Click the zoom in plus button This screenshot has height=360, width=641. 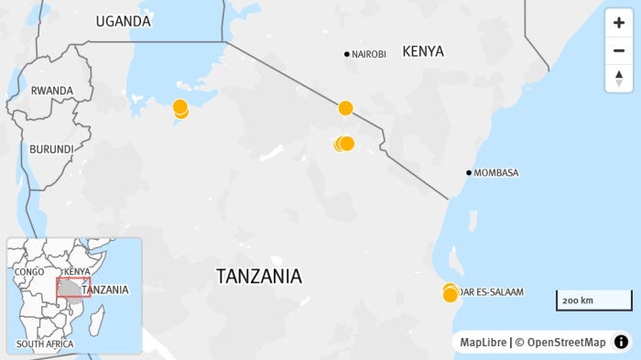[619, 24]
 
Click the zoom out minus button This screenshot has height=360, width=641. [619, 50]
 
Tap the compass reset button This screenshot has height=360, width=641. [619, 78]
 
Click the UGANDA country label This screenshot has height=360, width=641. [124, 21]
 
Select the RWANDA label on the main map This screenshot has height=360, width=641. [52, 91]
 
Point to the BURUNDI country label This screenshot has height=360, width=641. [51, 149]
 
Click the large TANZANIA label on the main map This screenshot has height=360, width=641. [259, 276]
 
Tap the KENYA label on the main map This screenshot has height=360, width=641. [423, 51]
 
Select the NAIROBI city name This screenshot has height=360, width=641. [369, 55]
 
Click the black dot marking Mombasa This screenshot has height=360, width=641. [469, 173]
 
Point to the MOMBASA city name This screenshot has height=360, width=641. [496, 173]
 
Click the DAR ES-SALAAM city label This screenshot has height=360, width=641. [493, 292]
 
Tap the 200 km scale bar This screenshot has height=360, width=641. [593, 300]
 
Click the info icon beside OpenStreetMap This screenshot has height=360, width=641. [621, 343]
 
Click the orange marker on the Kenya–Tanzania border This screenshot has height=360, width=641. [345, 108]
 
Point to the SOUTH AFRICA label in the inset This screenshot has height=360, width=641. [45, 344]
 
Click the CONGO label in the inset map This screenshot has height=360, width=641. [29, 272]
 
